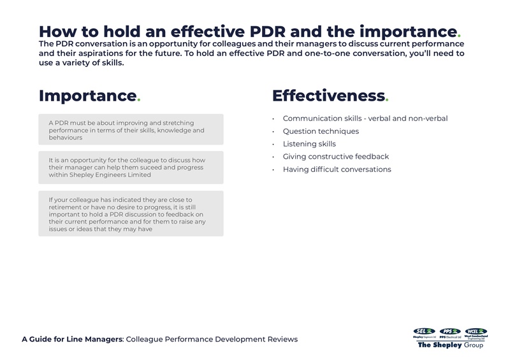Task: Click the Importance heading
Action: pyautogui.click(x=88, y=96)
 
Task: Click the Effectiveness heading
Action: pyautogui.click(x=328, y=96)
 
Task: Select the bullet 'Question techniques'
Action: pyautogui.click(x=321, y=131)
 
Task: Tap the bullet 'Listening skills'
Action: pyautogui.click(x=309, y=144)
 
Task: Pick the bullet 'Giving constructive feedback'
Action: pyautogui.click(x=335, y=157)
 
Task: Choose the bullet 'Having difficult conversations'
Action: pyautogui.click(x=337, y=169)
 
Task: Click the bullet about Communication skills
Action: pyautogui.click(x=365, y=119)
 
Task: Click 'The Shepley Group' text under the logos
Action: pyautogui.click(x=450, y=345)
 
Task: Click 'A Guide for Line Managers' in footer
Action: pyautogui.click(x=72, y=339)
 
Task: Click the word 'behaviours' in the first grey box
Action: pyautogui.click(x=66, y=138)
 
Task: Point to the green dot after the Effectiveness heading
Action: pyautogui.click(x=387, y=100)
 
